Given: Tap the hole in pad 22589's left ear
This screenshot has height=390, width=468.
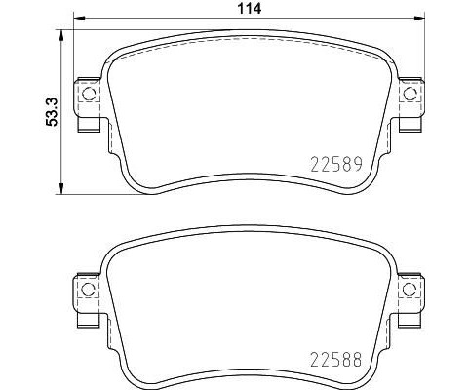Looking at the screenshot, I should (x=88, y=95).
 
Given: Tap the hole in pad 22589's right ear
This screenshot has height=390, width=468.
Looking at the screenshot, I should (x=411, y=95).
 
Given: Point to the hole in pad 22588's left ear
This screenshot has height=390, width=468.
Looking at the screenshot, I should (x=88, y=290).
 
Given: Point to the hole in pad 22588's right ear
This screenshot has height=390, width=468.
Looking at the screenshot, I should (x=411, y=290).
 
